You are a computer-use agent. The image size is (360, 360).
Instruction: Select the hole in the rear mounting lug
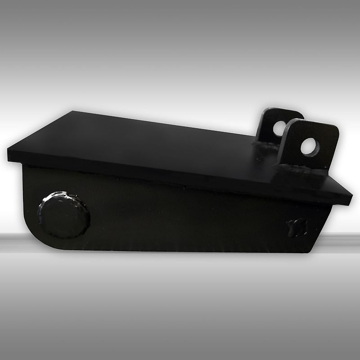[279, 129]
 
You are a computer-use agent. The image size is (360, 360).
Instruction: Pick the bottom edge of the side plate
[180, 250]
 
